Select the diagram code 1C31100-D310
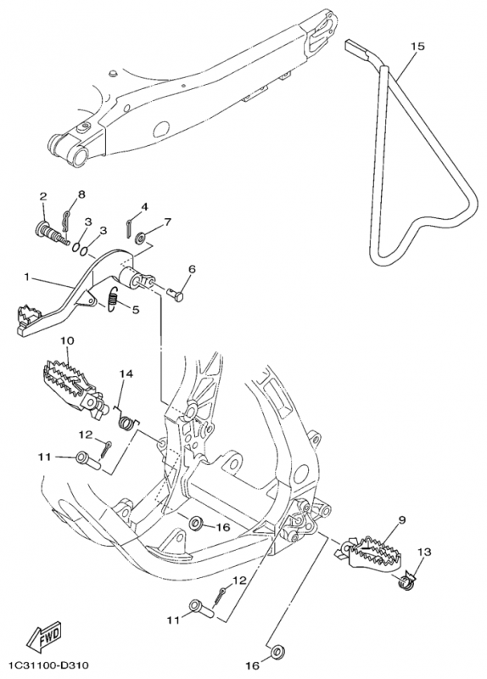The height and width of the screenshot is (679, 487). (x=48, y=665)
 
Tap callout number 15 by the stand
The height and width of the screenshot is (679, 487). (x=418, y=46)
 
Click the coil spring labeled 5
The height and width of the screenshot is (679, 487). (x=113, y=299)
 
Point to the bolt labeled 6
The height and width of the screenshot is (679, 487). (x=176, y=296)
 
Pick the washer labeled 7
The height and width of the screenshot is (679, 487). (x=140, y=238)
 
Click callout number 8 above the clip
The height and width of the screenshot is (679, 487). (x=81, y=194)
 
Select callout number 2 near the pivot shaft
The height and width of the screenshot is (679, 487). (x=43, y=196)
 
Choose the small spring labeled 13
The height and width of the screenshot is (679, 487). (x=406, y=582)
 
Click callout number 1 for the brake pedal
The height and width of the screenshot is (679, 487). (x=27, y=277)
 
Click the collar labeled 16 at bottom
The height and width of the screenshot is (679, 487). (x=276, y=652)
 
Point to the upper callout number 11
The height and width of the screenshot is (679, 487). (x=45, y=457)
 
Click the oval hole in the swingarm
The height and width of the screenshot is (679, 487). (x=163, y=129)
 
